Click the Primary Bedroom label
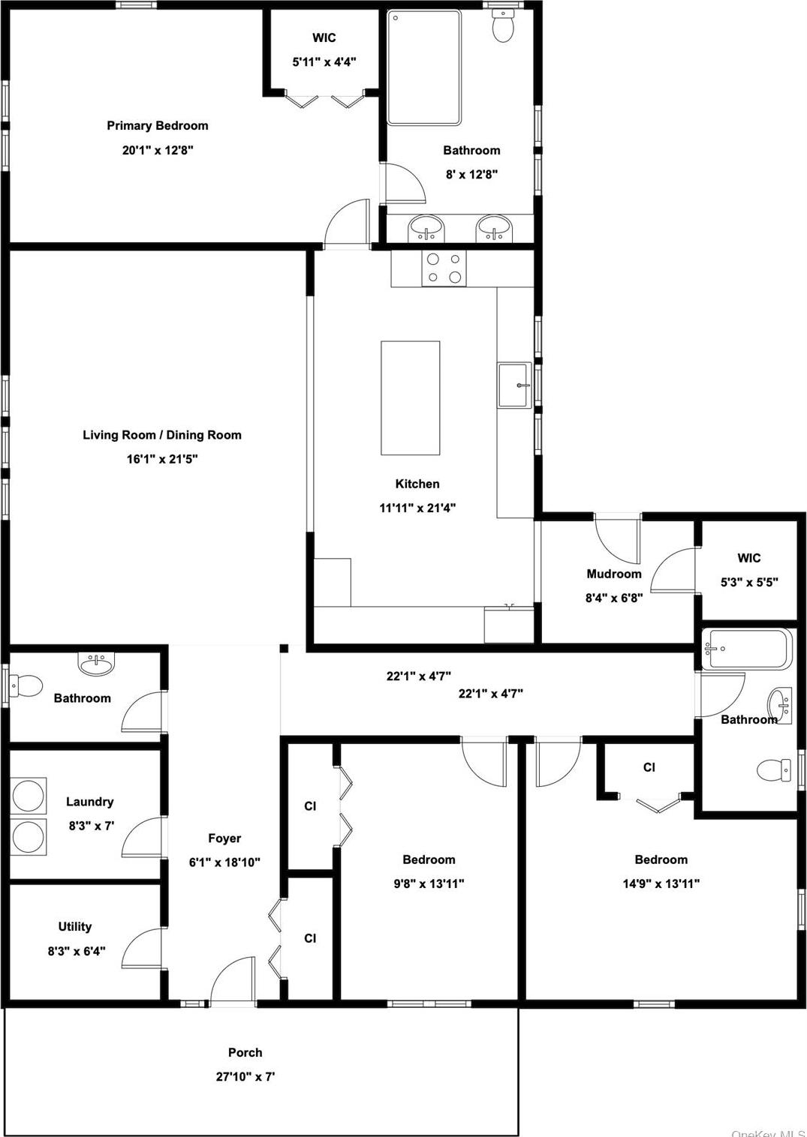157,126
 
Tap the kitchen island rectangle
410,397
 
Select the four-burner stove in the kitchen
444,268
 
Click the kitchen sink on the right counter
514,385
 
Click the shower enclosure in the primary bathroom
423,67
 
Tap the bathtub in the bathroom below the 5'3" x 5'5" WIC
747,649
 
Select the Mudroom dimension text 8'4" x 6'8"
613,598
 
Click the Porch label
245,1052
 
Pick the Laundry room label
89,802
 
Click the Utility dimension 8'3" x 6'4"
76,951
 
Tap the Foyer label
224,838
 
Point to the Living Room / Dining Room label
162,435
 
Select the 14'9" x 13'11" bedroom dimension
661,883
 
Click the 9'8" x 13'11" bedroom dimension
429,883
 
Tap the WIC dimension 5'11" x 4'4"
324,62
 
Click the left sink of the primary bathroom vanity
426,227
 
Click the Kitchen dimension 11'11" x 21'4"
417,508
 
